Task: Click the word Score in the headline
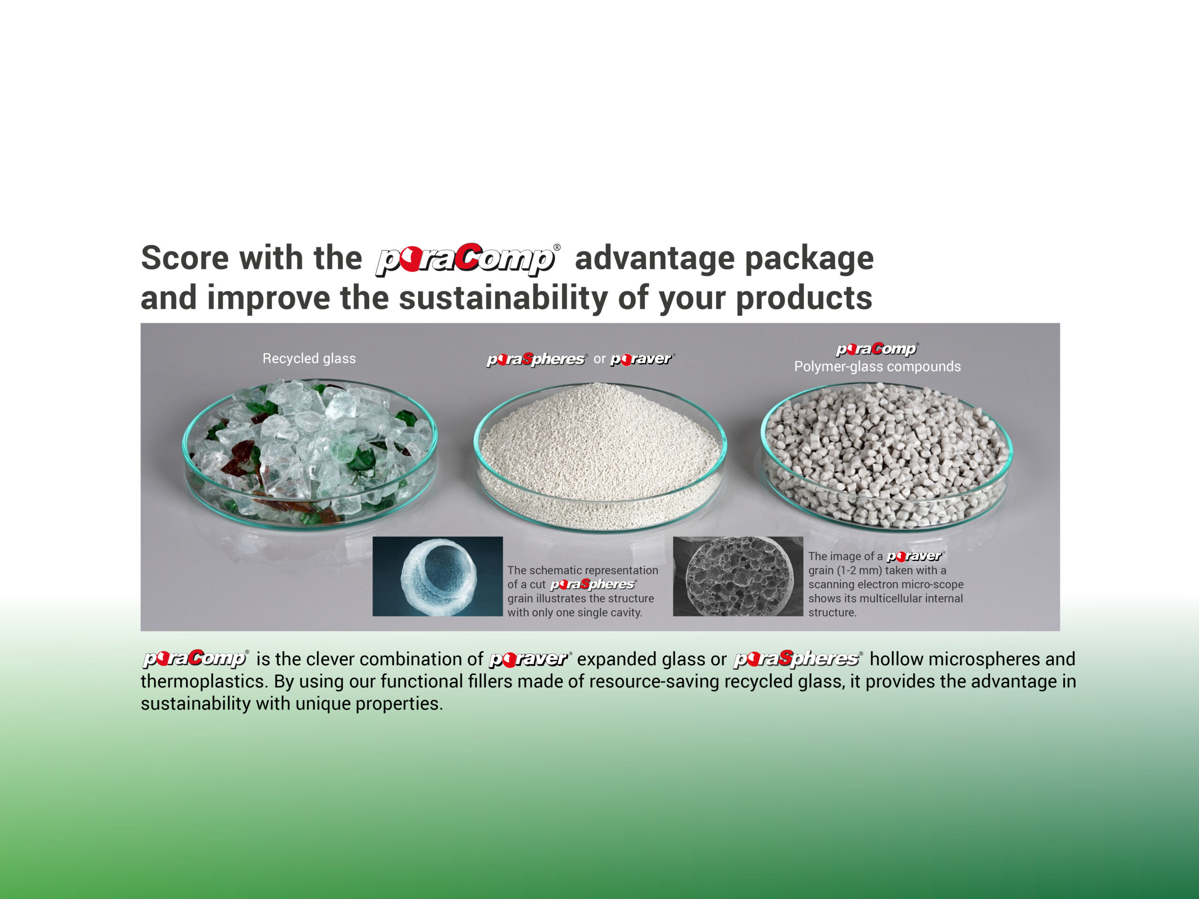pos(182,258)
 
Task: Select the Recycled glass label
pos(309,358)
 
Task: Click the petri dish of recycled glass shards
pos(310,454)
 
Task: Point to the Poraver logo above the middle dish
pos(642,359)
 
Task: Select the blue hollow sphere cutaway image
pos(437,576)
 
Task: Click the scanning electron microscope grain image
pos(738,576)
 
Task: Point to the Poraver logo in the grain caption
pos(916,556)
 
